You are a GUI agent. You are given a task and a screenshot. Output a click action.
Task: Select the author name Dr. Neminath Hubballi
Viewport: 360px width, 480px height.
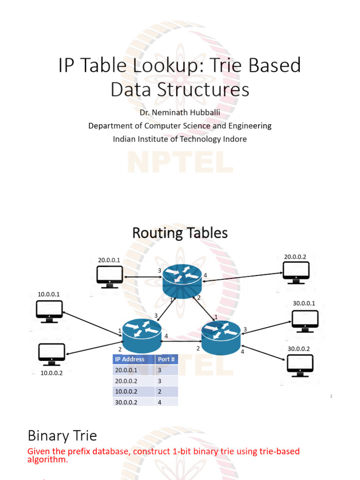click(180, 113)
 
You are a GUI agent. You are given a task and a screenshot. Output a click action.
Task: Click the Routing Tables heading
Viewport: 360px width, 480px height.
click(180, 232)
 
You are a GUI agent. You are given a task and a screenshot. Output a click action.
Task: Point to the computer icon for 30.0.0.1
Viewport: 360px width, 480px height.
click(305, 321)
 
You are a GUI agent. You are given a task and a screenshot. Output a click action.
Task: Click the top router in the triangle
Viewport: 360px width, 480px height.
click(182, 281)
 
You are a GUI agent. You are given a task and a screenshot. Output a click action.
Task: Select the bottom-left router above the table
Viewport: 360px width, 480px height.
click(142, 336)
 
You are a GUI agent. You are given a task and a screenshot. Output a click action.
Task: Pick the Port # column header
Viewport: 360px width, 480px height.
click(166, 360)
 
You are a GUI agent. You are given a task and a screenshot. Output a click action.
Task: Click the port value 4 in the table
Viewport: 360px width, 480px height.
click(160, 402)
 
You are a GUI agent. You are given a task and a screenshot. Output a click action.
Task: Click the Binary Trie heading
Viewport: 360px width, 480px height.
click(62, 435)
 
